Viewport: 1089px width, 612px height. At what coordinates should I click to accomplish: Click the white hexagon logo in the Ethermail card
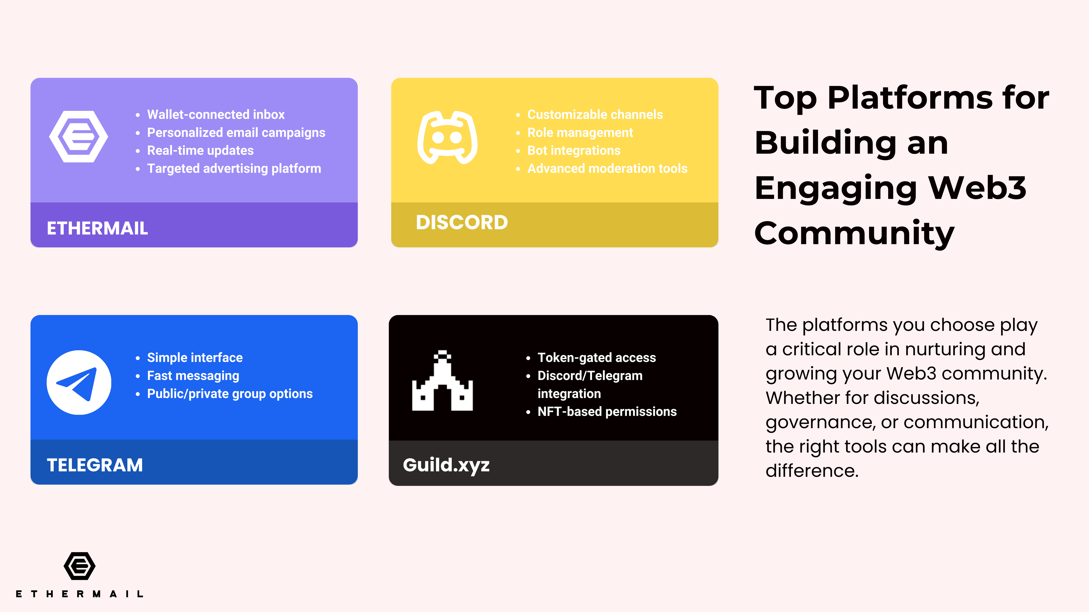tap(79, 136)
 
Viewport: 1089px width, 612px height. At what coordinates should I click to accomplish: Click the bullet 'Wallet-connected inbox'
tap(216, 114)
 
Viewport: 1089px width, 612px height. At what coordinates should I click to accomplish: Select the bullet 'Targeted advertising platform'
tap(234, 169)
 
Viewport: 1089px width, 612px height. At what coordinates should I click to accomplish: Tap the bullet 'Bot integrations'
tap(574, 150)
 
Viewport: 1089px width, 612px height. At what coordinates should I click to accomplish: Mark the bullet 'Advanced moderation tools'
tap(607, 169)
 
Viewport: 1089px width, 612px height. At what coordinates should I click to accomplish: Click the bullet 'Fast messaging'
tap(193, 375)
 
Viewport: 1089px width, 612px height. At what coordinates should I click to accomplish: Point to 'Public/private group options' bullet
tap(230, 394)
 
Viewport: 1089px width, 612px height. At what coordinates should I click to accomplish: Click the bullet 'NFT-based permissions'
tap(607, 411)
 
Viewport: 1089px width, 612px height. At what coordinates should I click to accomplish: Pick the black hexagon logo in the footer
tap(79, 566)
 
